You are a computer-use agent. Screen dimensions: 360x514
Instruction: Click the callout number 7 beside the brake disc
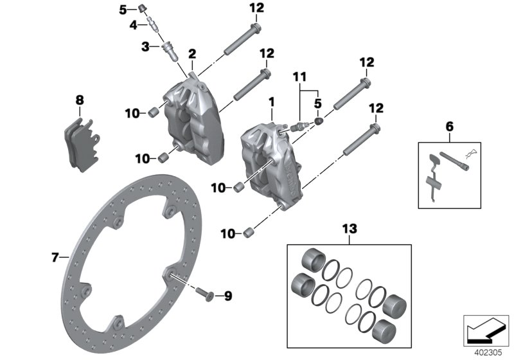coord(55,258)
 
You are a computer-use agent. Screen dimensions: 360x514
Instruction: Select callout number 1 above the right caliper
coord(272,102)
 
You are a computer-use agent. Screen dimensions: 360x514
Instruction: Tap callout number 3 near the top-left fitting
coord(145,46)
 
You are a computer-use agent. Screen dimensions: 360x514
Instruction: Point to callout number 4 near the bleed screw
coord(133,25)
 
